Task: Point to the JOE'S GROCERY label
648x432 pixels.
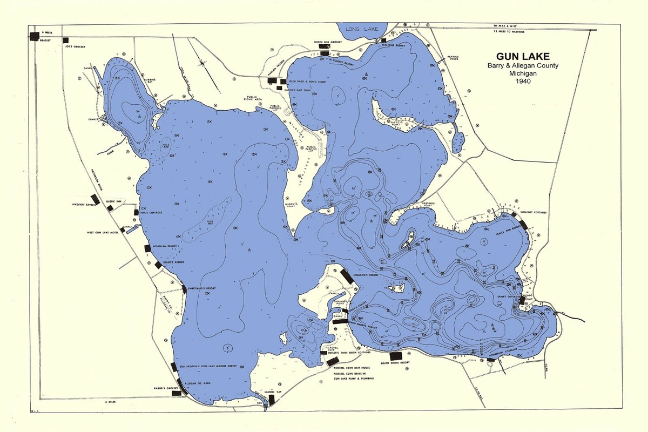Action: point(76,47)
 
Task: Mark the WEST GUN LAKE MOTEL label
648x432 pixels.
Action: point(103,233)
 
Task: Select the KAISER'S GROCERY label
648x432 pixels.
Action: point(165,388)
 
